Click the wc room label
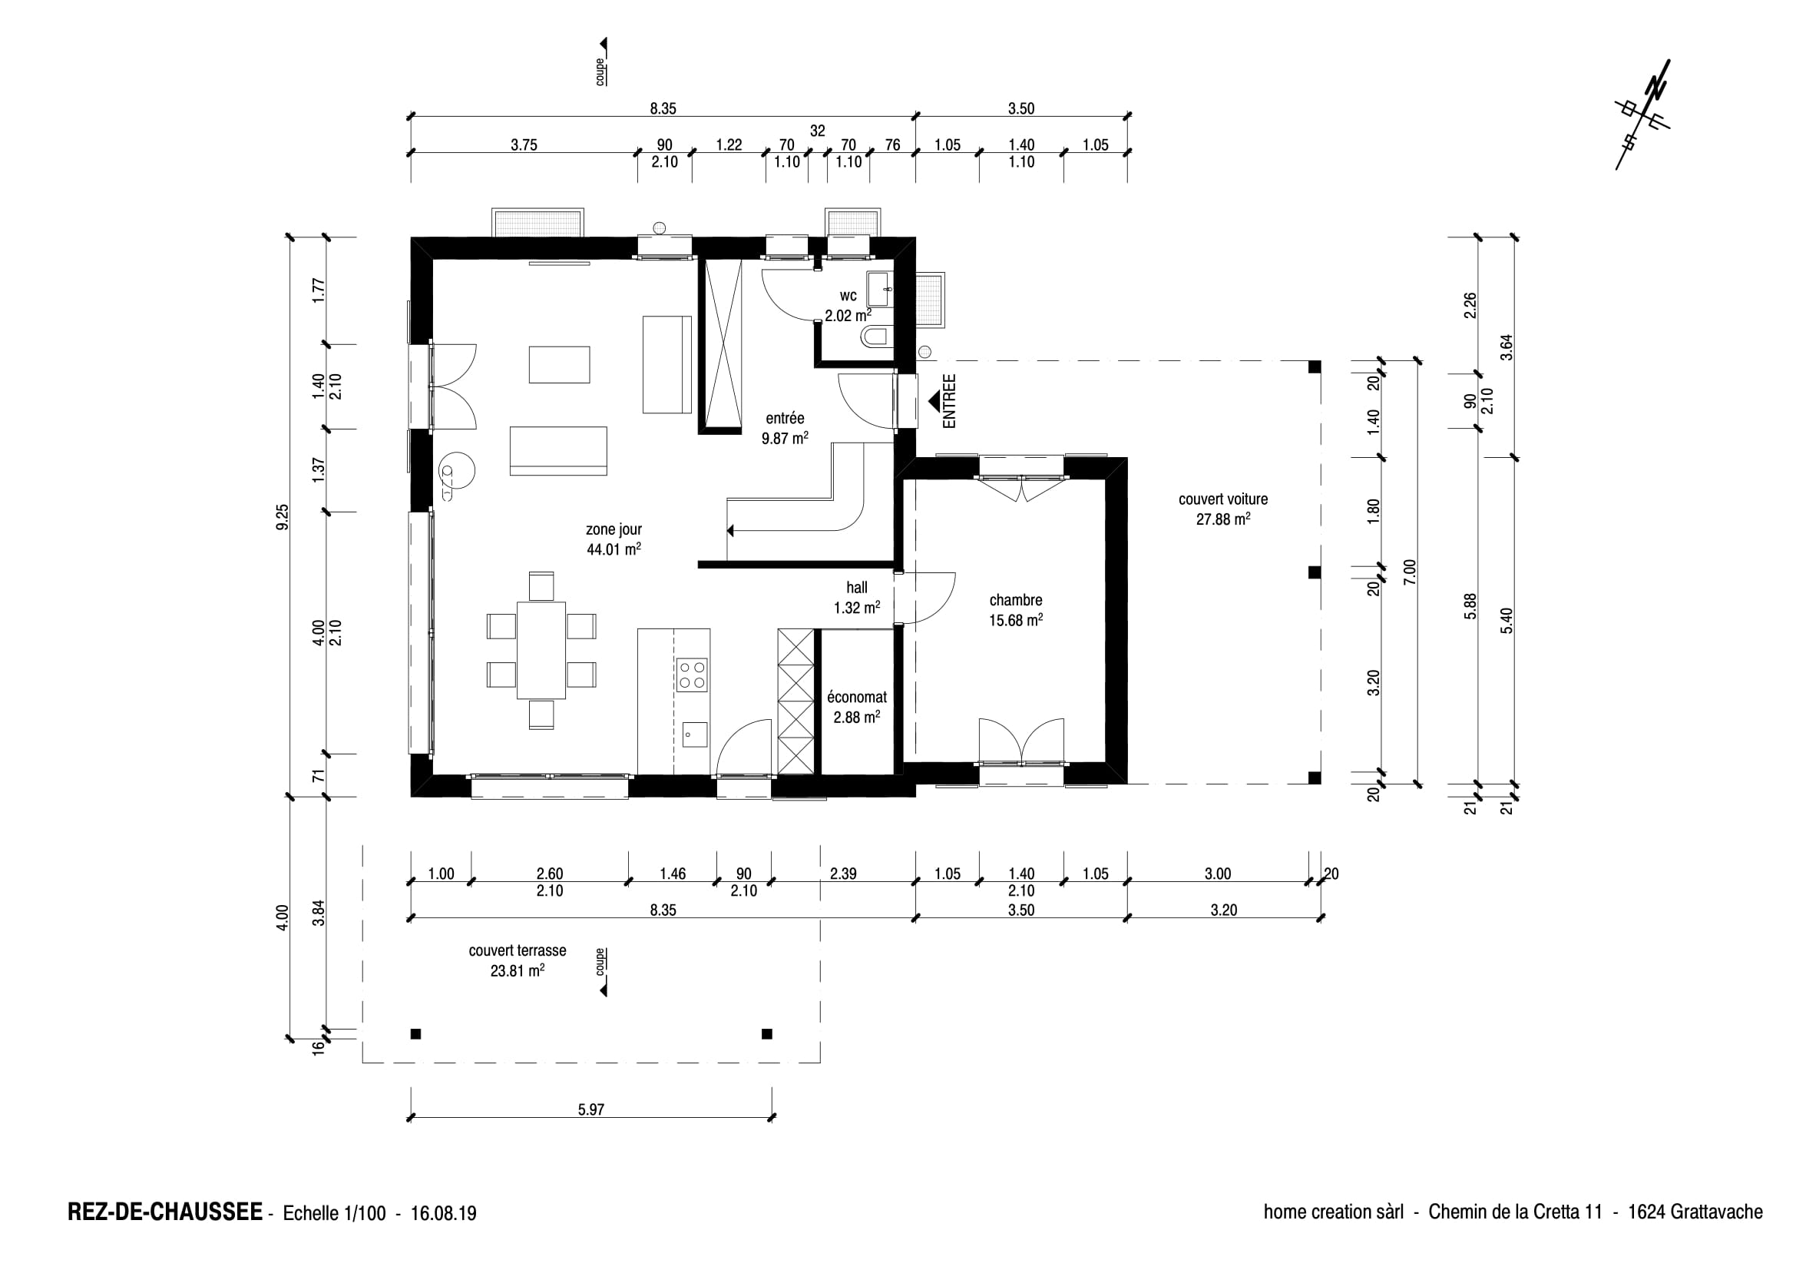click(848, 296)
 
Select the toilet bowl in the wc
click(876, 337)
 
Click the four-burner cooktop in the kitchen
click(693, 675)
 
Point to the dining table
click(541, 649)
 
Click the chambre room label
click(1015, 600)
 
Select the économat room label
click(857, 696)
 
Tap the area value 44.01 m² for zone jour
click(614, 549)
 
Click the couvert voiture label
click(1222, 499)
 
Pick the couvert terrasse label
click(517, 950)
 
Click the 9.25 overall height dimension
click(283, 516)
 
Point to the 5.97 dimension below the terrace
click(590, 1109)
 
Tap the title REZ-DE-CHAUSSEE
click(165, 1212)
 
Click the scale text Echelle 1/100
click(334, 1214)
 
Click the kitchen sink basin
click(694, 734)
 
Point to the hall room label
click(857, 588)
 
